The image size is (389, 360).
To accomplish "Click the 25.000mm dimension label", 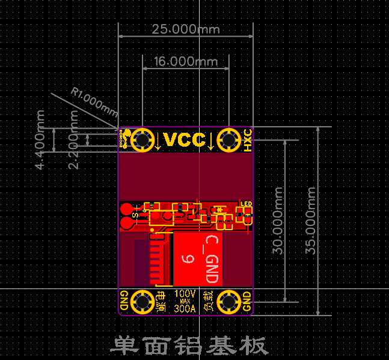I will coord(185,29).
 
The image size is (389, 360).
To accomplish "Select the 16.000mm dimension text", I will coord(186,61).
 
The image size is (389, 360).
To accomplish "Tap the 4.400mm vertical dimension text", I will coord(40,139).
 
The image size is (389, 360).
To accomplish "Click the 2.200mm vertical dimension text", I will coord(74,139).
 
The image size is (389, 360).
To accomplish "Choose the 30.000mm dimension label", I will coord(278,220).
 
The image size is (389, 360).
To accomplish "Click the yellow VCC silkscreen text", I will coord(185,140).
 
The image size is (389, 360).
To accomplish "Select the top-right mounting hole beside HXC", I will coord(228,140).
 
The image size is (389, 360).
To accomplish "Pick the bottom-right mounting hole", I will coord(228,301).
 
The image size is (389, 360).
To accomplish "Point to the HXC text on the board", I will coord(247,140).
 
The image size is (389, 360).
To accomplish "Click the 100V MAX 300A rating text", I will coord(185,301).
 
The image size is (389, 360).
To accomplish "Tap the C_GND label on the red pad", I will coord(211,260).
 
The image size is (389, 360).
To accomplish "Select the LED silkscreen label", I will coord(247,204).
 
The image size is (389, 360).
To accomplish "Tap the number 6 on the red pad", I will coord(186,259).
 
